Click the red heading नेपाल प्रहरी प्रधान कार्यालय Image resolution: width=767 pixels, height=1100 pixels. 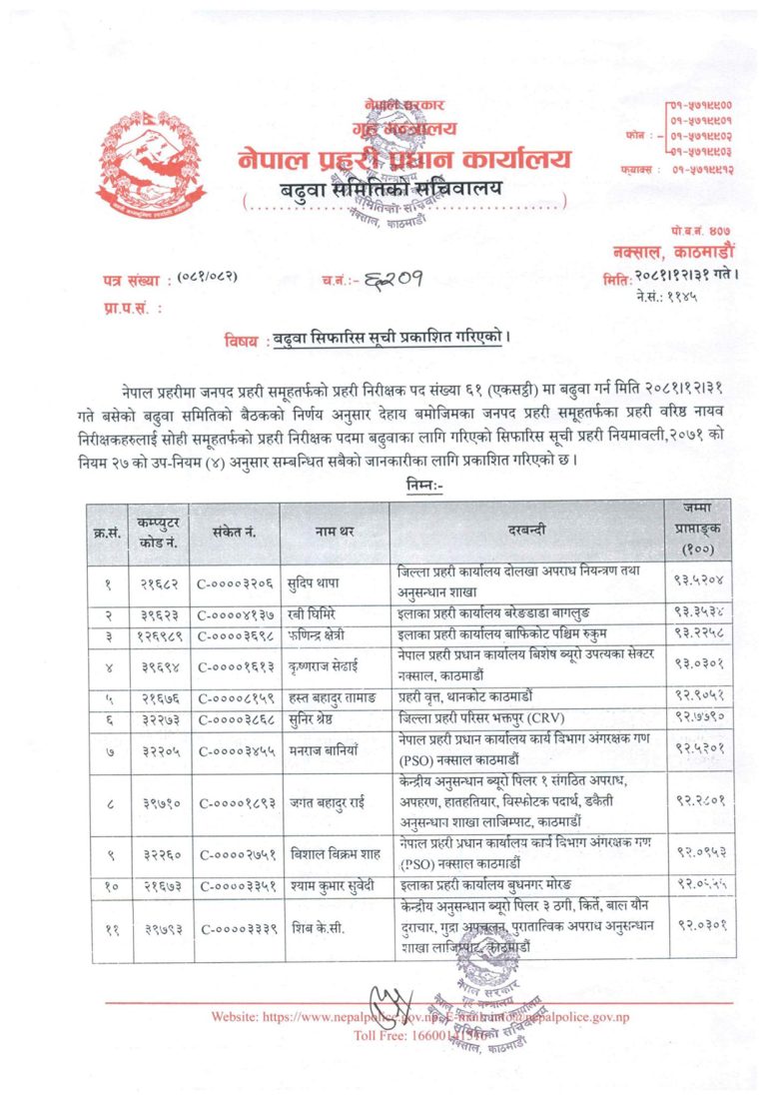405,158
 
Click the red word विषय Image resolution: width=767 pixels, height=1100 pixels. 244,341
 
